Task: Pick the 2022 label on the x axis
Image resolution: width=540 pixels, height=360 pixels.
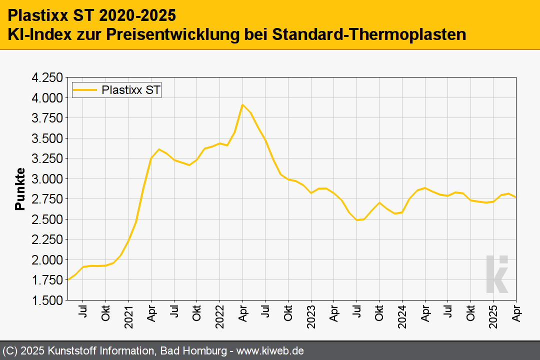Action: [219, 316]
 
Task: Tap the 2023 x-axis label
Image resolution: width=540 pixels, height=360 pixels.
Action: [311, 316]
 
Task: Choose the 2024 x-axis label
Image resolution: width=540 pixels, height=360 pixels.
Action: [402, 316]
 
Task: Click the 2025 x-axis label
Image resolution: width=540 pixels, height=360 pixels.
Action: [493, 316]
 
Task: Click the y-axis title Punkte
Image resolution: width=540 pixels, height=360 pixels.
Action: [20, 189]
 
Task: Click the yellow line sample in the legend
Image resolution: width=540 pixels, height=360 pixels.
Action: [85, 90]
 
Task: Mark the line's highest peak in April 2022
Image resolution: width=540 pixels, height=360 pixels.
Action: [242, 104]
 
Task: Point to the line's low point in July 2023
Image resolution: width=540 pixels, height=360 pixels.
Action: [357, 220]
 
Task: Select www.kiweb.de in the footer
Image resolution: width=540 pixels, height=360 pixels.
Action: [270, 351]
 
